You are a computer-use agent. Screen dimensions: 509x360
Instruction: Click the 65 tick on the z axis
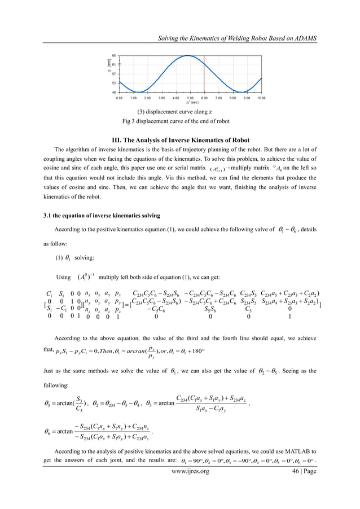tap(115, 55)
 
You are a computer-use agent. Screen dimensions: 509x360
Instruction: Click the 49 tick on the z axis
tap(115, 91)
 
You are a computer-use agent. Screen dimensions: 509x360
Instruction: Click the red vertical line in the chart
tap(204, 73)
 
